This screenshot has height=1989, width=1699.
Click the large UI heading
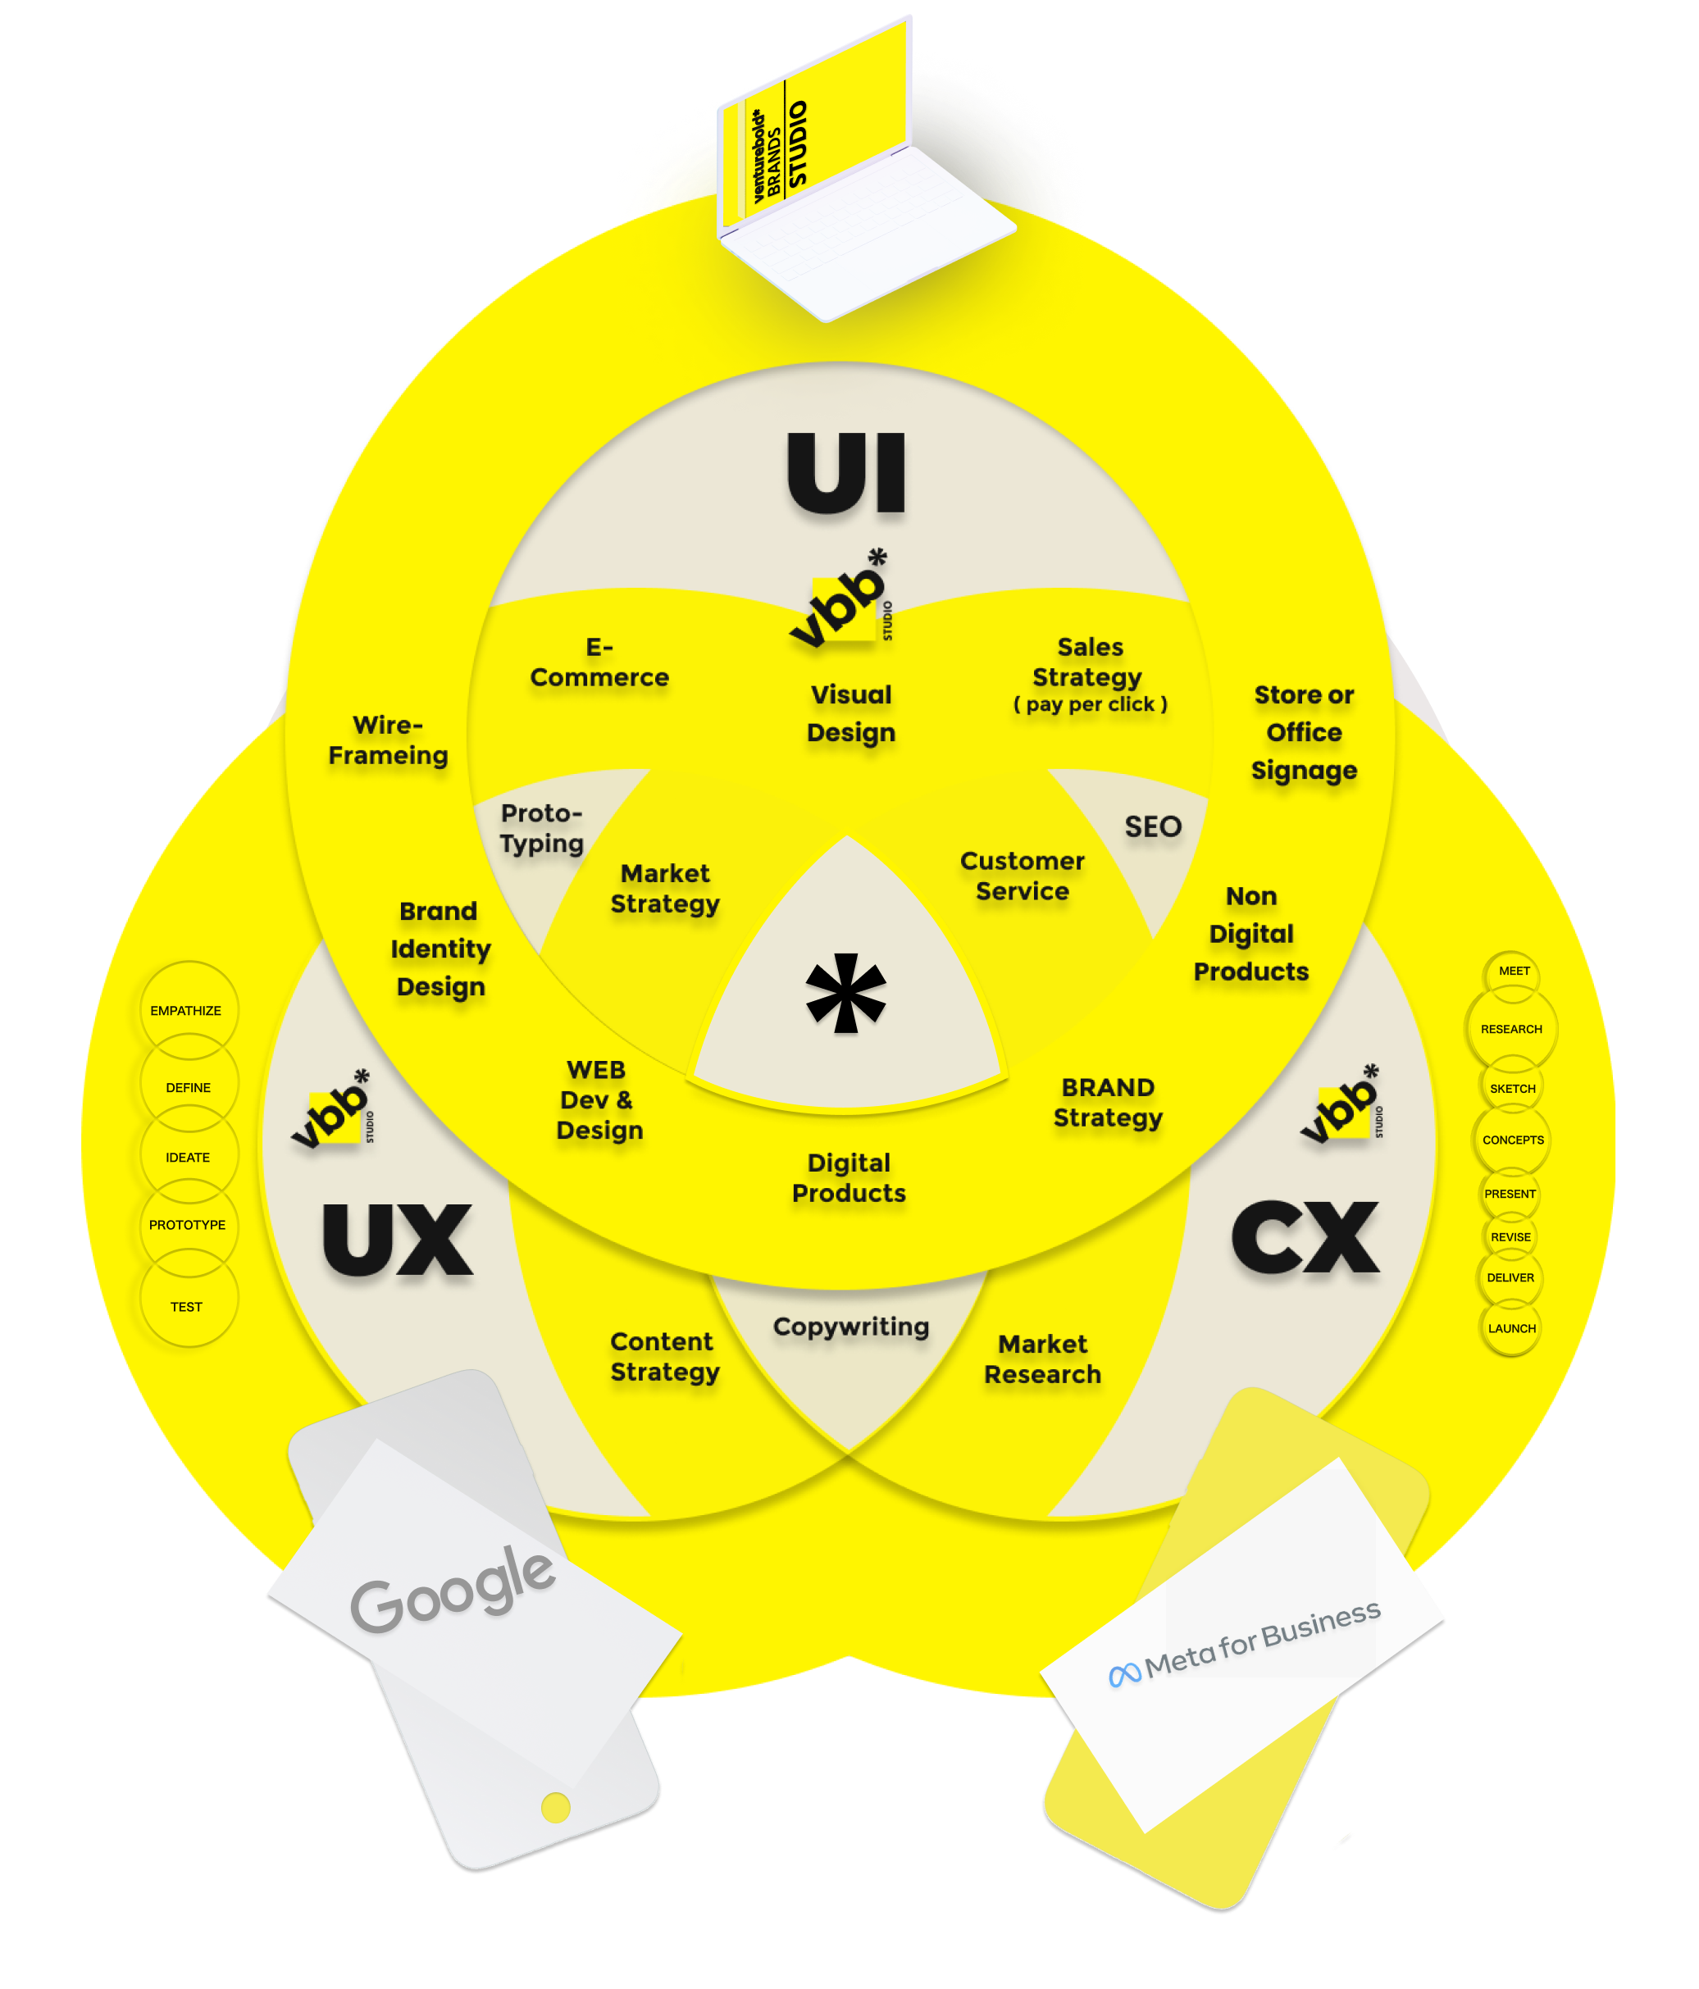846,473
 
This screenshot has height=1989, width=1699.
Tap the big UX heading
398,1240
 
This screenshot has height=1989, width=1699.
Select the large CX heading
1305,1238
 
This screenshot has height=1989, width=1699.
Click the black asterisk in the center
845,994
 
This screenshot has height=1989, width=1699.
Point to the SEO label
1153,826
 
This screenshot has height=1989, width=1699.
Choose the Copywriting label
850,1327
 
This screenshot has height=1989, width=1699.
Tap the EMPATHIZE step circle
186,1011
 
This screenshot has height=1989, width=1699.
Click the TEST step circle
187,1307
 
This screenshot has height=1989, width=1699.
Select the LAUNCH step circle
1512,1328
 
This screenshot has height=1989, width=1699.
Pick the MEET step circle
1514,972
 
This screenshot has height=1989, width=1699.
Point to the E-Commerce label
599,662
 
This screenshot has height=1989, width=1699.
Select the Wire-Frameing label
388,740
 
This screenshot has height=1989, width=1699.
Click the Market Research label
1042,1359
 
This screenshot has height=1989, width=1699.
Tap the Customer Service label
1023,876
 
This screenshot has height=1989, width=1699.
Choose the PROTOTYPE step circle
187,1225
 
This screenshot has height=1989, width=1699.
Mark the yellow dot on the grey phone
556,1808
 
